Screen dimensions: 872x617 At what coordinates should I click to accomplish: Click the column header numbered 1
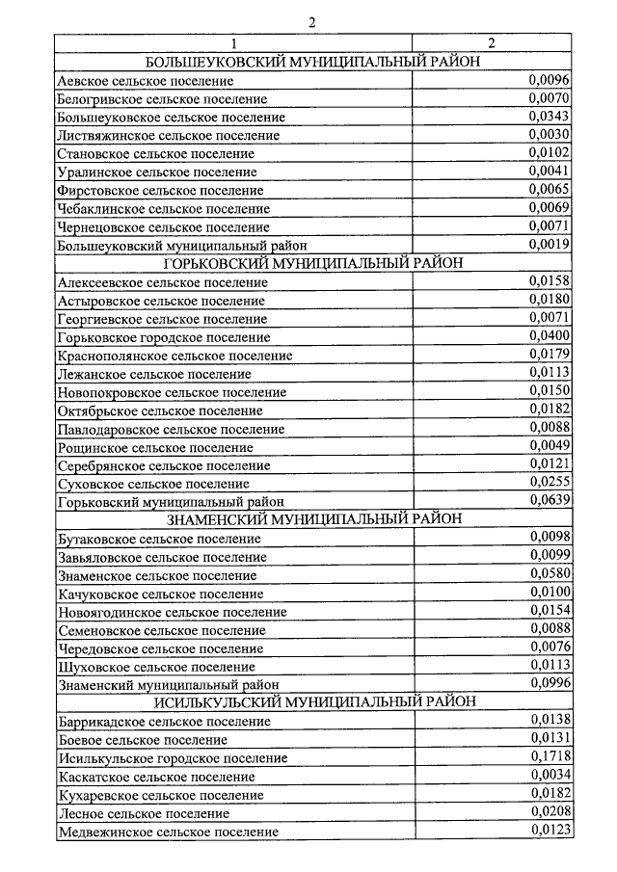click(x=231, y=43)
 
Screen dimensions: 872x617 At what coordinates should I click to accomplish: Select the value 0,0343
click(x=550, y=116)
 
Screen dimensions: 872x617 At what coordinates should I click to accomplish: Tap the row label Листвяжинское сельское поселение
click(x=168, y=135)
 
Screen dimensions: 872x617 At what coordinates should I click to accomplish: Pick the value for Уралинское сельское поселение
click(x=550, y=171)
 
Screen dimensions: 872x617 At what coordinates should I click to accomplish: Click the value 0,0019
click(x=550, y=244)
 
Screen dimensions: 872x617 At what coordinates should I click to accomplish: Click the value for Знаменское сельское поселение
click(x=550, y=572)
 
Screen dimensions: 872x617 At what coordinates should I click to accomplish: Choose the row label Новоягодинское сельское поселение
click(x=172, y=611)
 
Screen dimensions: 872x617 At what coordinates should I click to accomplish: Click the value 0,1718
click(x=550, y=755)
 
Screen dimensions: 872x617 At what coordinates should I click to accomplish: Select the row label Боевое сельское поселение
click(x=142, y=739)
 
